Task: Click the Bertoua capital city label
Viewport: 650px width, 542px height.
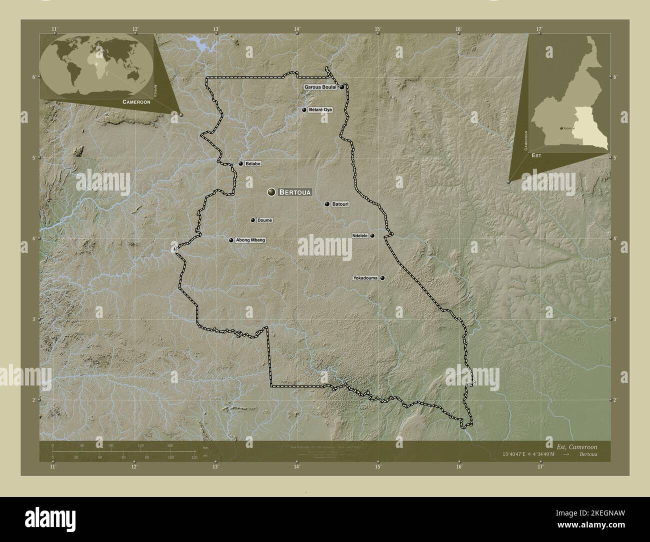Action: click(295, 192)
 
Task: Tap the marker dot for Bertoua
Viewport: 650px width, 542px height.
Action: click(271, 192)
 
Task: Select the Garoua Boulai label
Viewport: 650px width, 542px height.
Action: click(320, 87)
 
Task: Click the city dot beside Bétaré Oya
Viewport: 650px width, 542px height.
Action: click(304, 109)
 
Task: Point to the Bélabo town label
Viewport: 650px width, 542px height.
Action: click(253, 163)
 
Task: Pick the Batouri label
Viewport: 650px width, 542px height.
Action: click(340, 204)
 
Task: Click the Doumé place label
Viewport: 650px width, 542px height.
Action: click(265, 220)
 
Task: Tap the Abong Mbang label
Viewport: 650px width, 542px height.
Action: click(250, 240)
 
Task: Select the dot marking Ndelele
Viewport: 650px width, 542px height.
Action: click(372, 235)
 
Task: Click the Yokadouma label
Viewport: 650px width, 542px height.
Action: click(366, 278)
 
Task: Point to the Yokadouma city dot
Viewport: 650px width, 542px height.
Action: click(382, 278)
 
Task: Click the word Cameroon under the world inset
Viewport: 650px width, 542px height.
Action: click(136, 101)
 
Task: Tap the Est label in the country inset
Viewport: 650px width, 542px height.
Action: click(536, 155)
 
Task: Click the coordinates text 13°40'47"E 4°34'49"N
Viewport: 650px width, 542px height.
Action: click(531, 454)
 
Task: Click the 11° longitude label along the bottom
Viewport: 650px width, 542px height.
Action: click(53, 467)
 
